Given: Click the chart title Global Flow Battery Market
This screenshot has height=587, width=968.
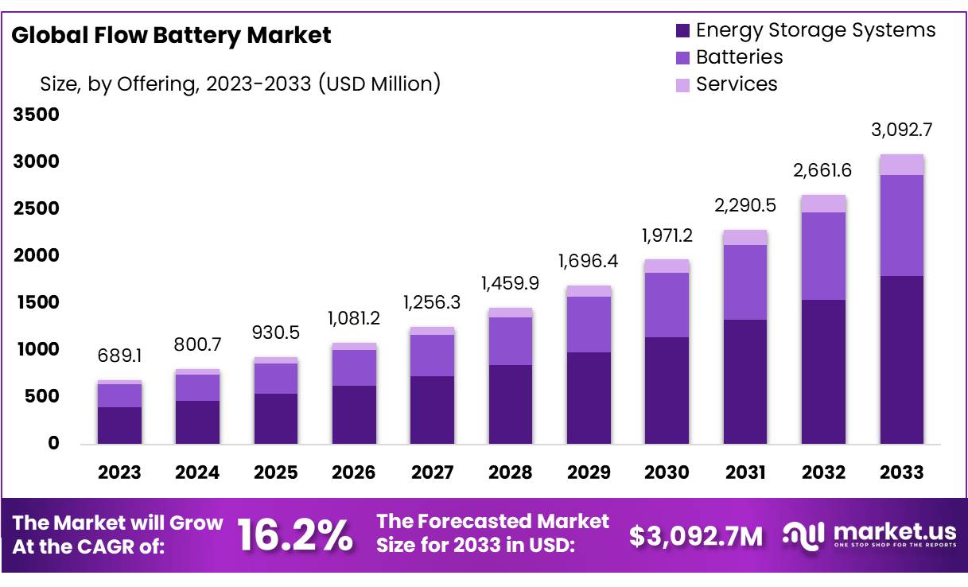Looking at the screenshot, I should (x=171, y=35).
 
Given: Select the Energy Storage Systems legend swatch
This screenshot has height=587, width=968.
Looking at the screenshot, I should (x=682, y=31).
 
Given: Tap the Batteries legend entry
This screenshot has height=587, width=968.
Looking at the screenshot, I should (x=739, y=57).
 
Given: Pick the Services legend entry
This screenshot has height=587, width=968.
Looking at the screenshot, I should (x=736, y=84).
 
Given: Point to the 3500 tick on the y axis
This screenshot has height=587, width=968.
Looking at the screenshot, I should (x=36, y=115).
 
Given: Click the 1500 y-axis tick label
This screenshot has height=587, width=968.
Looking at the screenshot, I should (x=36, y=303).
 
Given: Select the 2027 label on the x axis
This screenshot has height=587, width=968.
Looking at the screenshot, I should (x=432, y=472).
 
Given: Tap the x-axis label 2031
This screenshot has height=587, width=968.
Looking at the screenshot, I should (x=746, y=472).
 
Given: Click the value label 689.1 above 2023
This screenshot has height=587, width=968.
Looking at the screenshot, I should (x=119, y=356).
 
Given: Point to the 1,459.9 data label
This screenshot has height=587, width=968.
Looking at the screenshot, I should (x=511, y=282).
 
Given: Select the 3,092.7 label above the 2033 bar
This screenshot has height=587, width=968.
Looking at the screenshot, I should (x=902, y=129).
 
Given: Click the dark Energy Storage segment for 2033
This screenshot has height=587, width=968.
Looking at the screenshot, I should (x=902, y=360).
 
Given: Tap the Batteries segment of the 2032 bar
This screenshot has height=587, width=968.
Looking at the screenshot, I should (x=823, y=256).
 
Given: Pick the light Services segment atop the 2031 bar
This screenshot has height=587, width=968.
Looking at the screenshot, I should (x=745, y=237).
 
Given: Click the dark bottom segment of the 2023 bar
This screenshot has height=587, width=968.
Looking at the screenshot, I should (x=119, y=425).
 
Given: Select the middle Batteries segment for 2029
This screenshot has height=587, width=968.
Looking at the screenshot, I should (x=589, y=325).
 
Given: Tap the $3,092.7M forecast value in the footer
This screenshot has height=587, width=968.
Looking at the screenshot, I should (x=696, y=536).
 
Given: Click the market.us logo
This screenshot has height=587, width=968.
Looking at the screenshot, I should (x=869, y=535).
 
